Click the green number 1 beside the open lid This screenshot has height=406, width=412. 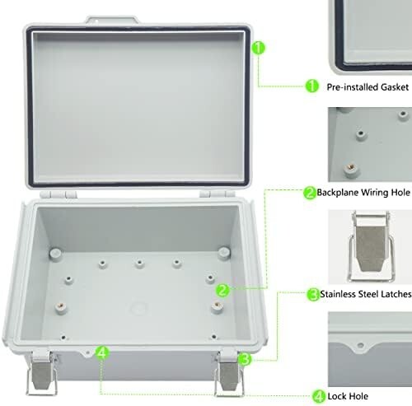(x=259, y=48)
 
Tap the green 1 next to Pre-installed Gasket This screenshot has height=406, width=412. (x=312, y=86)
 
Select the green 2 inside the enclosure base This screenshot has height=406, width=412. (x=222, y=290)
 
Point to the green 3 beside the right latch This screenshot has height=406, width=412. (x=245, y=359)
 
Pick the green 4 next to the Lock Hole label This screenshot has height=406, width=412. (x=319, y=396)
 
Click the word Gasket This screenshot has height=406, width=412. (x=395, y=87)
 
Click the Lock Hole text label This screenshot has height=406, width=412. (x=348, y=396)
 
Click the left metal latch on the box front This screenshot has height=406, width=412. (x=42, y=372)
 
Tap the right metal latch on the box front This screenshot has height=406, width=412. (x=229, y=373)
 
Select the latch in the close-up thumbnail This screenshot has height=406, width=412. (x=371, y=246)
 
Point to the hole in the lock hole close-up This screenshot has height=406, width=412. (x=361, y=345)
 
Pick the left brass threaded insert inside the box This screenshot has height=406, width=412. (x=61, y=306)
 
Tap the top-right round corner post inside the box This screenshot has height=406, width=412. (x=224, y=253)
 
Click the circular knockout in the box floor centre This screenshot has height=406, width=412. (x=138, y=308)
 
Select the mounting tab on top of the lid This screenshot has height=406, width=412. (x=112, y=20)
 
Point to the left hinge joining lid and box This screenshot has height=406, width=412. (x=59, y=194)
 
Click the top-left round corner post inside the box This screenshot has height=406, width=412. (x=55, y=254)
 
